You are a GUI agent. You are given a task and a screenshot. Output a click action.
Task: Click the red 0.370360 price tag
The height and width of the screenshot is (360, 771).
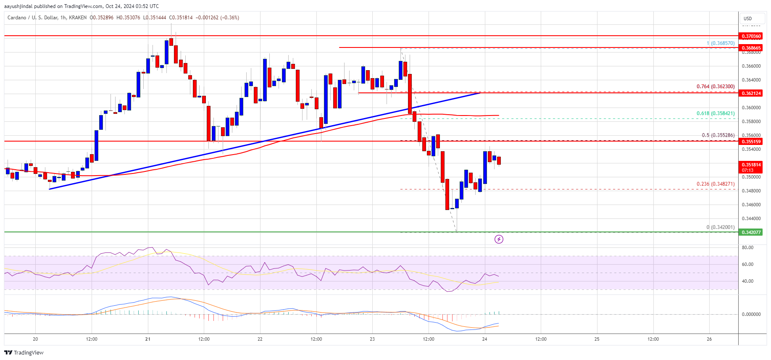click(751, 37)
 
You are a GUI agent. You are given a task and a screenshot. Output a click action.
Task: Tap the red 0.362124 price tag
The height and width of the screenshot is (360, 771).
click(751, 93)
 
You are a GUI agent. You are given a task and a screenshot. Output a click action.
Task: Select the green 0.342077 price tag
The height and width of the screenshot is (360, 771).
click(751, 232)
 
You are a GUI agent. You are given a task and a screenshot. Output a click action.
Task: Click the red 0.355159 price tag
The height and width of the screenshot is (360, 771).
click(751, 142)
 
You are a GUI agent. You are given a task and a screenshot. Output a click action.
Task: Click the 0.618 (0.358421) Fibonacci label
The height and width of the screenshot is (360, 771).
click(716, 113)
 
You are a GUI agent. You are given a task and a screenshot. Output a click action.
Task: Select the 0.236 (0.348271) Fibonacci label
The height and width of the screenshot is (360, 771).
click(716, 184)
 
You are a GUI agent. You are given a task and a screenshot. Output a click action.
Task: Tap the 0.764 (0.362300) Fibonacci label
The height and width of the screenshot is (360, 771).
click(716, 87)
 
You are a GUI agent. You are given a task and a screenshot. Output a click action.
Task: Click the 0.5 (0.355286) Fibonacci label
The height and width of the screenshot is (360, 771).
click(718, 135)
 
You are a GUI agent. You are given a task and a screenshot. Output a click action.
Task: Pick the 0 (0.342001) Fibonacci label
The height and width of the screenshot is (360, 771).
click(720, 227)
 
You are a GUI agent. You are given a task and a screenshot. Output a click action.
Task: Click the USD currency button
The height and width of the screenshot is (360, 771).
click(748, 18)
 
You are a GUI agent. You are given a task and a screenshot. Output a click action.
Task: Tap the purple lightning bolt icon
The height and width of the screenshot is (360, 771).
click(499, 239)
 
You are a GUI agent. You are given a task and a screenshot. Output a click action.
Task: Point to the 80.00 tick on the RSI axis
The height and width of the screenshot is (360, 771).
click(747, 248)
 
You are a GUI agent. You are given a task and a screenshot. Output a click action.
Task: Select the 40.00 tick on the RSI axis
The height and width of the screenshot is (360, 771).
click(747, 281)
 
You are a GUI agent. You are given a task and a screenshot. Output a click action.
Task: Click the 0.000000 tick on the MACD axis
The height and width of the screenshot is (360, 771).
click(751, 314)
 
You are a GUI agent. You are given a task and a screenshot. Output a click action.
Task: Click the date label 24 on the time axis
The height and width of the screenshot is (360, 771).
click(484, 339)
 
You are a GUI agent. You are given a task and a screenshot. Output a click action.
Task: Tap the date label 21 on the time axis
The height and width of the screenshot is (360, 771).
click(147, 339)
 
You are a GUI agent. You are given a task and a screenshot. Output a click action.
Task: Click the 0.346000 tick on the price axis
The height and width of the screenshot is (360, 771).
click(751, 205)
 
